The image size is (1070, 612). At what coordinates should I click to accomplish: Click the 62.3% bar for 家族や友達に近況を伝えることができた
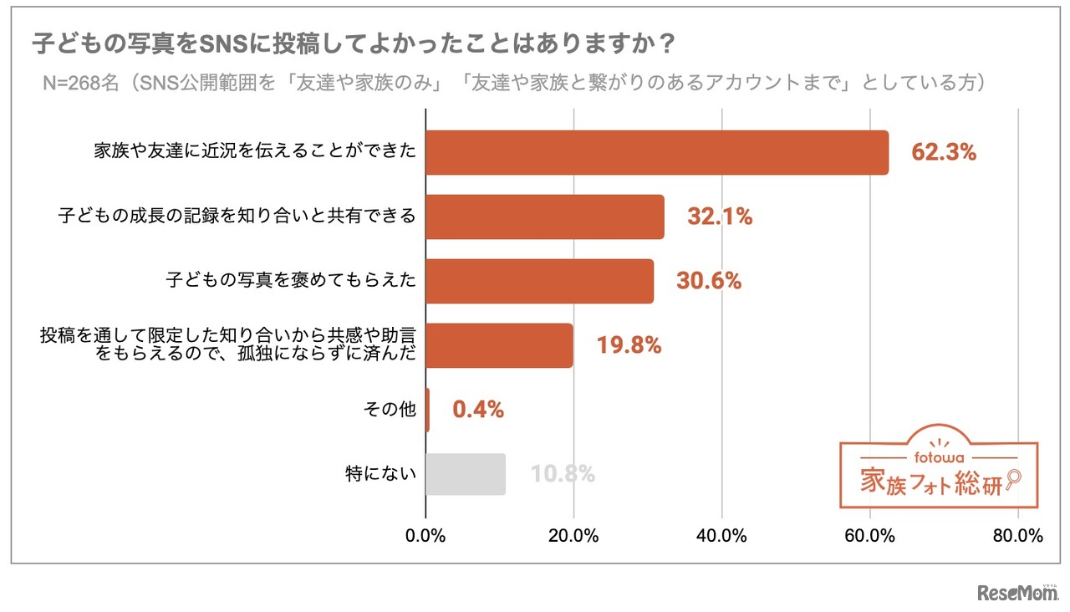pos(656,152)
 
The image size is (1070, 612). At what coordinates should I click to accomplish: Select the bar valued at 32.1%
pos(544,217)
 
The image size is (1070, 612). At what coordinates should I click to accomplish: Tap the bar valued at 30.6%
pos(539,281)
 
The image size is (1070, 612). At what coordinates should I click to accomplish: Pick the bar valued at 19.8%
pos(499,345)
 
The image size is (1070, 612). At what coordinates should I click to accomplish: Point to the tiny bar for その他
pos(428,410)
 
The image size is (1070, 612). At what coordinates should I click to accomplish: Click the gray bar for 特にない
pos(466,474)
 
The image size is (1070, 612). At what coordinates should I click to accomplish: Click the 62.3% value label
pos(944,152)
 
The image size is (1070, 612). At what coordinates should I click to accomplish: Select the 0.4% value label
pos(478,410)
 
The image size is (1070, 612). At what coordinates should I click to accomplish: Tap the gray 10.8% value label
pos(563,474)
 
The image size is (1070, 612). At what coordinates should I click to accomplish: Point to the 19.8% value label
pos(629,345)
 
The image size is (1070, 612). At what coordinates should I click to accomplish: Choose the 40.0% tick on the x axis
pos(721,536)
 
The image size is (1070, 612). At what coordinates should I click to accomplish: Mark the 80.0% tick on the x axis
pos(1017,536)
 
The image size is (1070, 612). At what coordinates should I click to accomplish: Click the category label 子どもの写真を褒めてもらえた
pos(291,281)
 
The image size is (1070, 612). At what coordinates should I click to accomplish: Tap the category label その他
pos(389,410)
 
